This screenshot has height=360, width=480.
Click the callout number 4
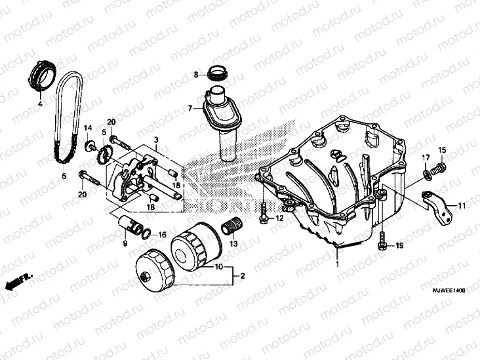(39, 104)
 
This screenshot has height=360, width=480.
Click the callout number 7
(189, 108)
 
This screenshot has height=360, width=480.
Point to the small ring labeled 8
(216, 73)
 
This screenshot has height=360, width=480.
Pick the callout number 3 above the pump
(157, 140)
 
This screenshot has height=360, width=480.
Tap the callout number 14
(87, 127)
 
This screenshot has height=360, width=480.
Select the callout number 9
(124, 243)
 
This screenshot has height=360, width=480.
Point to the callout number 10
(218, 267)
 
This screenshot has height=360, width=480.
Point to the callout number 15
(441, 151)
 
